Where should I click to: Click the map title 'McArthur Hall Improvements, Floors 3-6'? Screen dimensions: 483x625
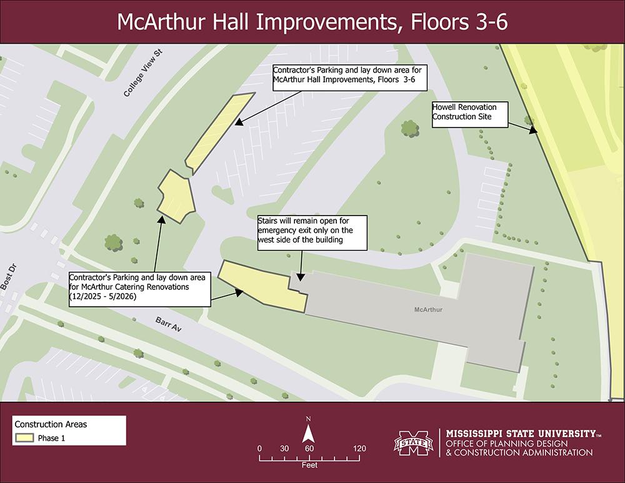coord(312,22)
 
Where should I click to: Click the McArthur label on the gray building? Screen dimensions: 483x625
coord(428,309)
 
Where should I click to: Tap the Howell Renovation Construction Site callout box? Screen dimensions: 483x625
coord(469,112)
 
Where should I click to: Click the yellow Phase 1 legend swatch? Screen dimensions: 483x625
coord(24,438)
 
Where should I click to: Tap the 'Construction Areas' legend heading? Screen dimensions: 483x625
coord(51,424)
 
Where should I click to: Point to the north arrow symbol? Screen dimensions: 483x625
coord(308,434)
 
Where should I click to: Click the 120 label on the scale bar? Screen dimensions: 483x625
coord(359,449)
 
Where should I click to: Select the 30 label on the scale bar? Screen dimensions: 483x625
coord(284,449)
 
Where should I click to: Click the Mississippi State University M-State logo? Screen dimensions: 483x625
coord(413,443)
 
